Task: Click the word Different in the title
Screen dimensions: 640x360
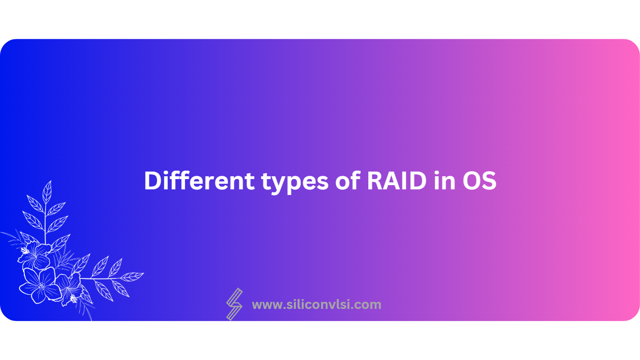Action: point(199,180)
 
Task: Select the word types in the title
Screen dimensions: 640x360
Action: point(295,183)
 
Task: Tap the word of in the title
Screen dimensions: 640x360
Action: point(347,180)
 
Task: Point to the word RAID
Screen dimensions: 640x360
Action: point(396,181)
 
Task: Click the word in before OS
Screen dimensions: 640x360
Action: point(444,180)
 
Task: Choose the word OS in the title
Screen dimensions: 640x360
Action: point(479,181)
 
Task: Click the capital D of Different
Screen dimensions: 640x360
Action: point(153,181)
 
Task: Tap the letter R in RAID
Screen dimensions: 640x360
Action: point(375,181)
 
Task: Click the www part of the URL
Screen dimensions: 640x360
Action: point(267,305)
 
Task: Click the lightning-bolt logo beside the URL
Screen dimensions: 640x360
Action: point(234,304)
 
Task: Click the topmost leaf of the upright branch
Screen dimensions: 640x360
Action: point(47,192)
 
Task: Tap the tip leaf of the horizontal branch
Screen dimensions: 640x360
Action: point(132,277)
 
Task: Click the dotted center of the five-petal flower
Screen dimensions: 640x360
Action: point(42,285)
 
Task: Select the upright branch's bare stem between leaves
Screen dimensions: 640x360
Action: point(45,223)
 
